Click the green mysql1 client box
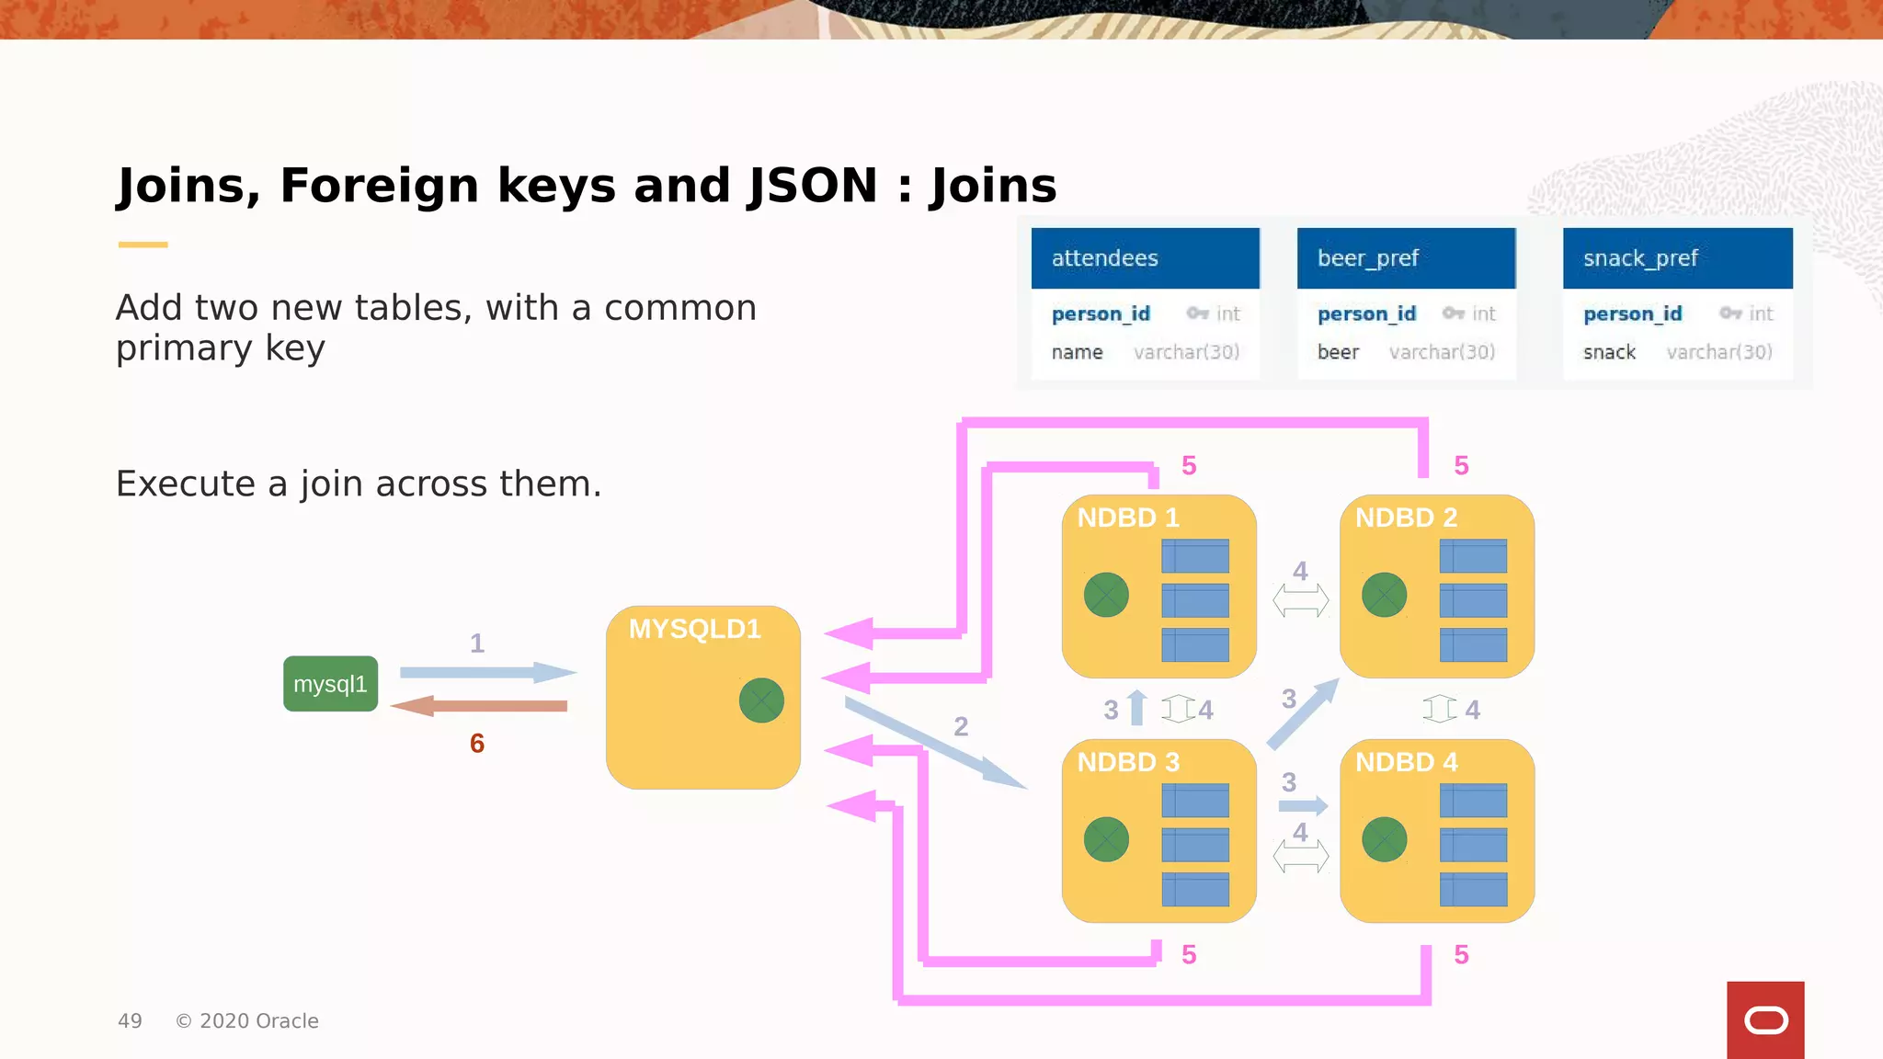click(330, 684)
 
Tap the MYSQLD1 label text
click(694, 629)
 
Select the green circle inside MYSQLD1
click(761, 700)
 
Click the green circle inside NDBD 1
click(1106, 595)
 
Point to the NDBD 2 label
click(1406, 518)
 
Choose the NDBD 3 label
click(1127, 762)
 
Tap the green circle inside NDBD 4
click(1384, 839)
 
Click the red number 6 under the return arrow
click(476, 743)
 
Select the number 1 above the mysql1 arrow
click(476, 643)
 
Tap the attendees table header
click(1145, 258)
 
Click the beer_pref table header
click(1406, 258)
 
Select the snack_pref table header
click(1677, 258)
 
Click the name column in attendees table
click(1077, 352)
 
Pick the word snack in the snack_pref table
click(1609, 352)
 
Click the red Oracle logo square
click(1765, 1019)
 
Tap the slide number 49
click(130, 1020)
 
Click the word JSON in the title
click(813, 186)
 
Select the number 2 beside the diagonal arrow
click(961, 726)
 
